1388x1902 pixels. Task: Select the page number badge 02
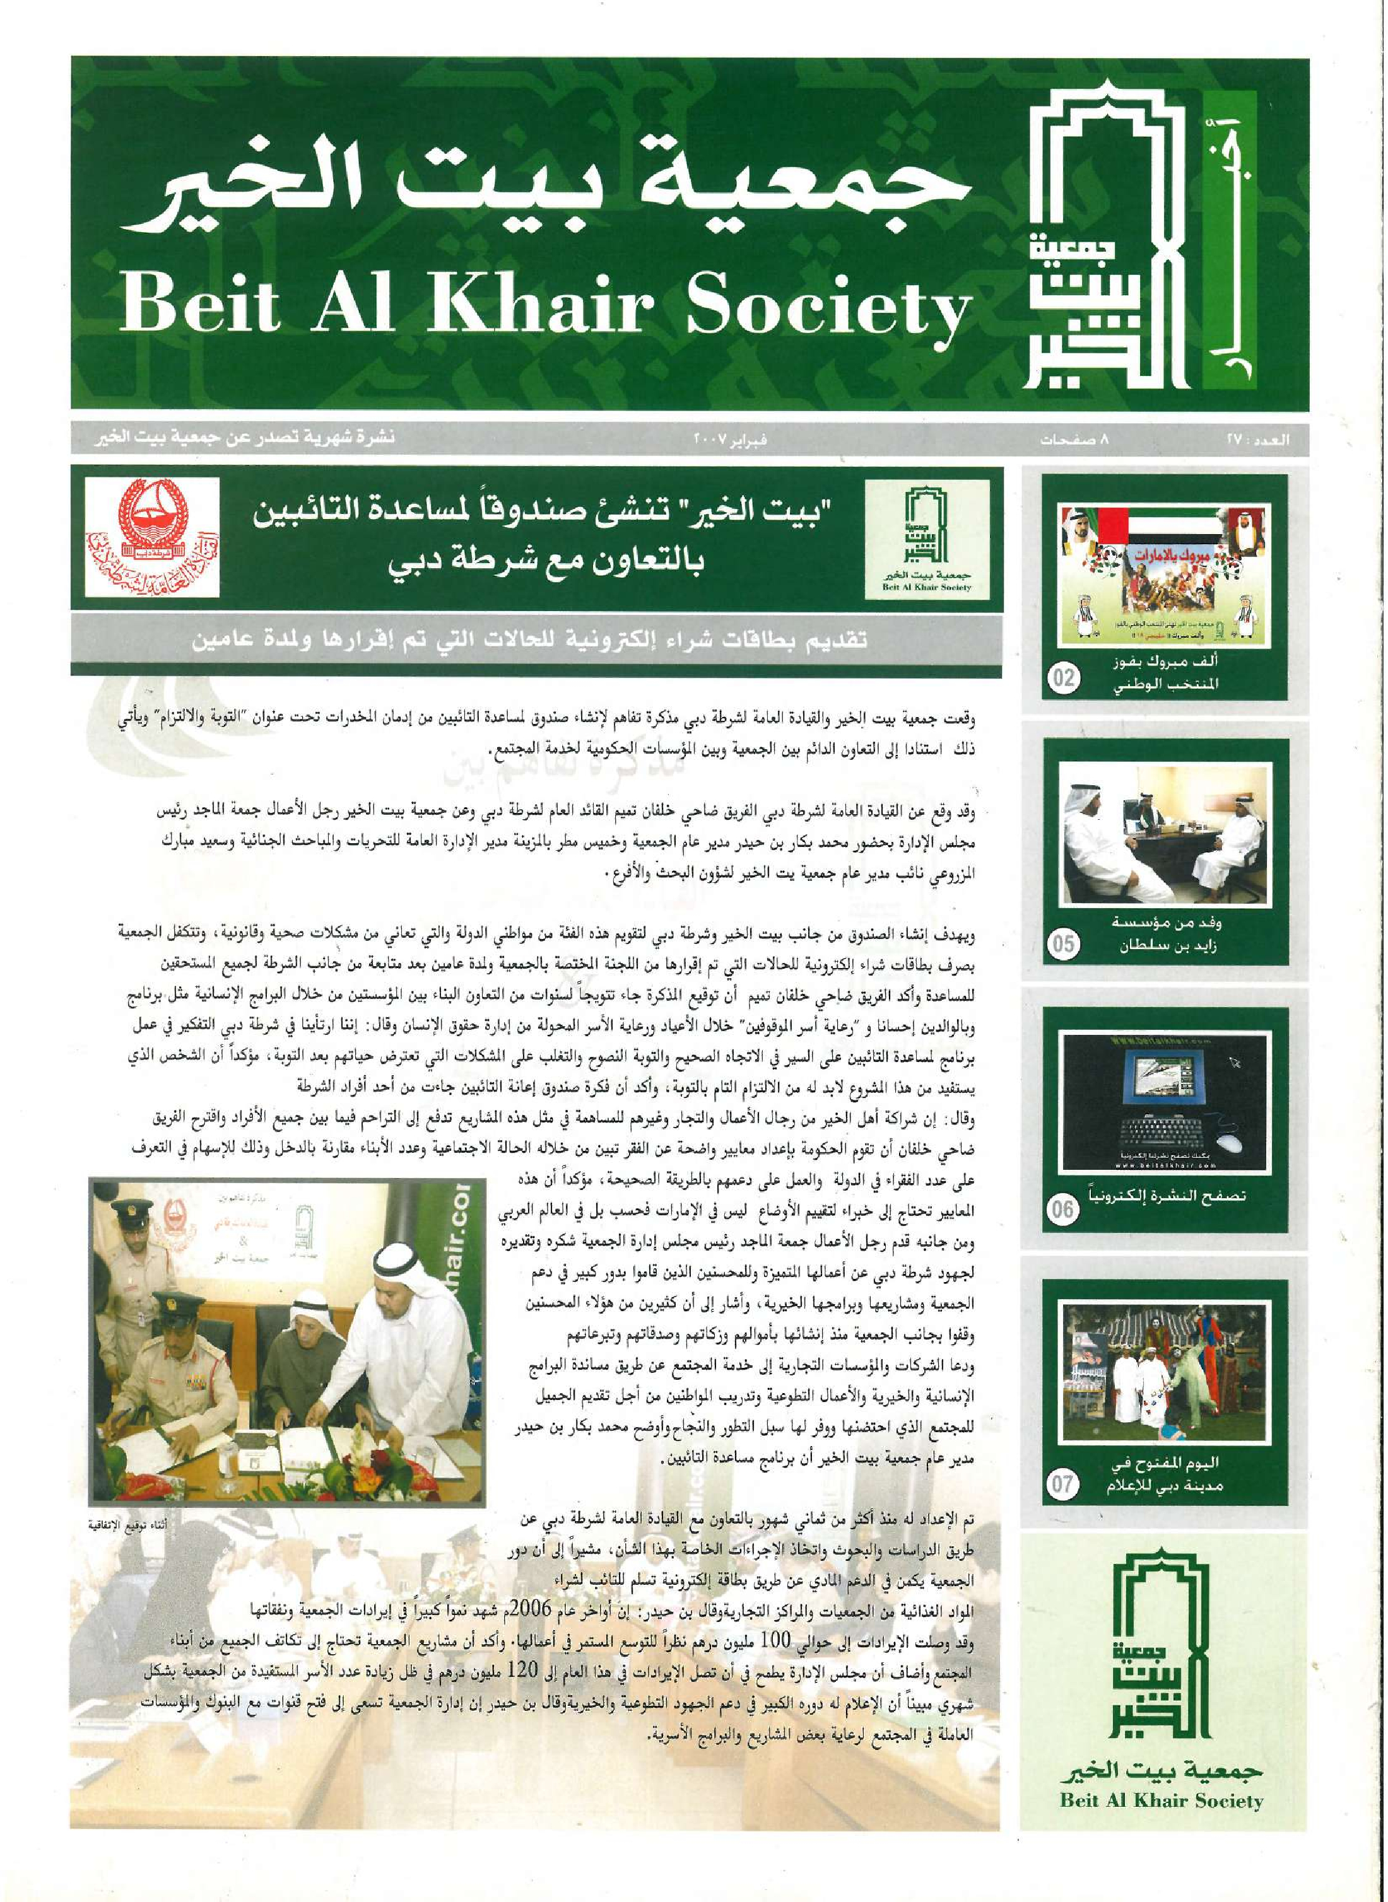[x=1064, y=678]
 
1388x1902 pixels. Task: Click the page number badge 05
[x=1064, y=944]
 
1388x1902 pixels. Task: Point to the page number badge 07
[x=1064, y=1483]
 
